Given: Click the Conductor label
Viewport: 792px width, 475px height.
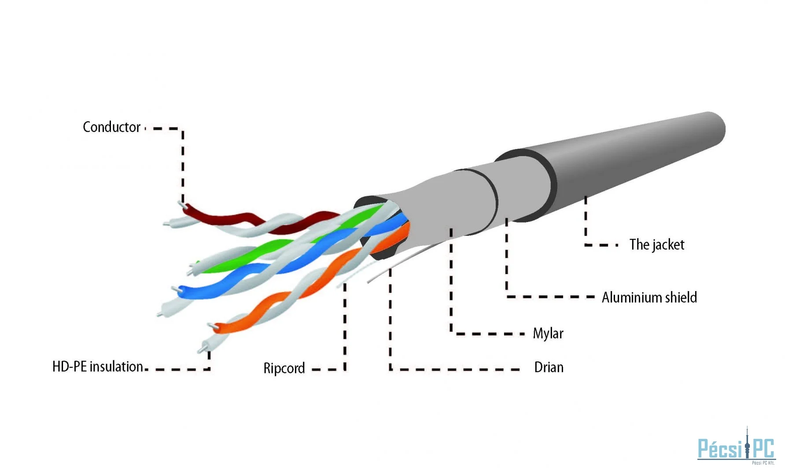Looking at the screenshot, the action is [x=111, y=127].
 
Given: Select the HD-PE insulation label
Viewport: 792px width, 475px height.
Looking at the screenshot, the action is [x=97, y=366].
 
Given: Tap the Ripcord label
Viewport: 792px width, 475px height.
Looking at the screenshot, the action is [x=284, y=368].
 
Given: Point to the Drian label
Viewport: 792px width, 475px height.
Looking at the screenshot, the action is [x=549, y=367].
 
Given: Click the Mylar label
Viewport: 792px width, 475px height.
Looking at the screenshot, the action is [x=548, y=333].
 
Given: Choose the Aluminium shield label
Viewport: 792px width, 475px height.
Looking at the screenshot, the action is [x=649, y=297].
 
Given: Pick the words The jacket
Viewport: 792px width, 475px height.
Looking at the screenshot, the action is [x=657, y=245].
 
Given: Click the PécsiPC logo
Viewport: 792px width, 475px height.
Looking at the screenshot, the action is [x=736, y=446].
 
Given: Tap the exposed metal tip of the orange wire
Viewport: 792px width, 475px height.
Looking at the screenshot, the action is [x=212, y=326].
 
